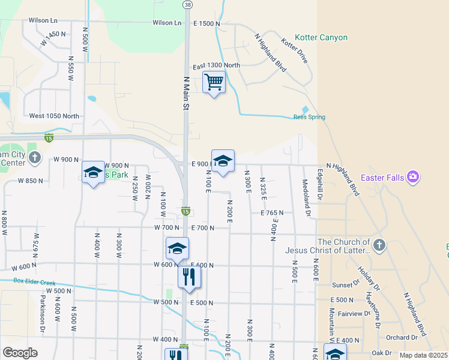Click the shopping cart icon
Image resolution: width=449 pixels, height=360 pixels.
click(214, 82)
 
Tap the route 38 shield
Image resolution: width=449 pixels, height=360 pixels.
click(187, 5)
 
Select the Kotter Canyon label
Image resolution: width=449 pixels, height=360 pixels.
click(321, 38)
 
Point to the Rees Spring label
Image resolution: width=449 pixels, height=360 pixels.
click(309, 117)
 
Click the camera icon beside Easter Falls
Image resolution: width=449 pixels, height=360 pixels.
click(412, 177)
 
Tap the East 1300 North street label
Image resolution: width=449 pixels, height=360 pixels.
click(216, 65)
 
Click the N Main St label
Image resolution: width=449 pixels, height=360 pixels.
click(186, 92)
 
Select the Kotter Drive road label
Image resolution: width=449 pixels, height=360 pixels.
click(294, 52)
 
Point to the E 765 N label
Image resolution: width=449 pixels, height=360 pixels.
click(272, 213)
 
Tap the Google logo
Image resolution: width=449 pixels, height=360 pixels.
click(20, 353)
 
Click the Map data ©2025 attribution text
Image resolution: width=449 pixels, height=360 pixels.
click(423, 355)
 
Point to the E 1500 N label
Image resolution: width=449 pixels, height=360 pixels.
click(206, 23)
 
